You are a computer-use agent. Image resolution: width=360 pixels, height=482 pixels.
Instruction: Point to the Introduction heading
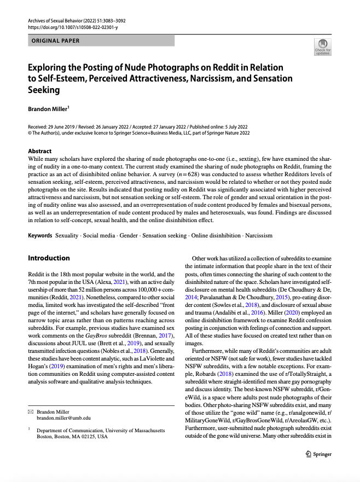pos(49,258)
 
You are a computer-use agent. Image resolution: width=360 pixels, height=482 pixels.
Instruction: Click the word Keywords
pos(40,235)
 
